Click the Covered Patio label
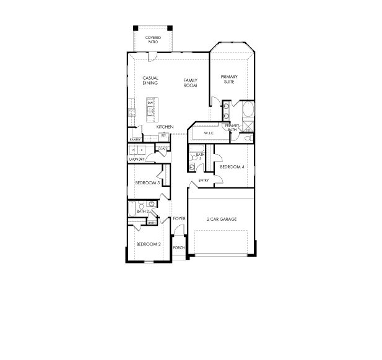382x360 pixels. click(153, 40)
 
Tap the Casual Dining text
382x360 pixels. click(150, 80)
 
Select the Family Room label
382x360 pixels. click(190, 83)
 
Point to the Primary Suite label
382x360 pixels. click(230, 79)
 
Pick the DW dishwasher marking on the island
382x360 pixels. click(150, 103)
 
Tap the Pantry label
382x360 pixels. click(135, 140)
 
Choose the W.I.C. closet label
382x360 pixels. click(208, 132)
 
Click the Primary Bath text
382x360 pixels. click(232, 128)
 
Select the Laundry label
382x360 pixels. click(137, 159)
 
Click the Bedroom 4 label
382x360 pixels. click(232, 167)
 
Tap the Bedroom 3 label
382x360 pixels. click(148, 183)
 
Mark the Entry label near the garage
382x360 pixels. click(203, 181)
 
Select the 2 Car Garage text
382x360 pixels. click(221, 219)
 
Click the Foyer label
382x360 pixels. click(180, 219)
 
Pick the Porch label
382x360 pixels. click(179, 247)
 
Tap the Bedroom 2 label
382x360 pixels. click(149, 244)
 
